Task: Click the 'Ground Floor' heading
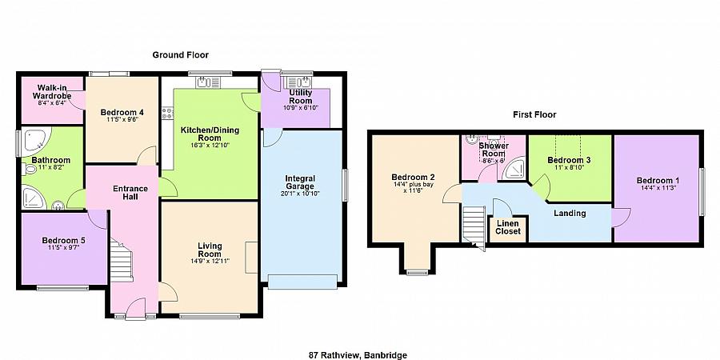pyautogui.click(x=181, y=55)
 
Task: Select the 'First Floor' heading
pyautogui.click(x=534, y=114)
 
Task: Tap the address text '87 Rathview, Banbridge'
pyautogui.click(x=359, y=354)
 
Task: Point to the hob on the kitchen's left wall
pyautogui.click(x=167, y=114)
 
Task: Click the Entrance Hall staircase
pyautogui.click(x=121, y=263)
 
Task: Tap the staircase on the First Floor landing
pyautogui.click(x=474, y=222)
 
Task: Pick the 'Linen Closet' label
pyautogui.click(x=507, y=226)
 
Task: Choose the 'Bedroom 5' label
pyautogui.click(x=63, y=241)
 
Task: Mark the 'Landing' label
pyautogui.click(x=570, y=213)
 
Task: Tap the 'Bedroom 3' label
pyautogui.click(x=569, y=160)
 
